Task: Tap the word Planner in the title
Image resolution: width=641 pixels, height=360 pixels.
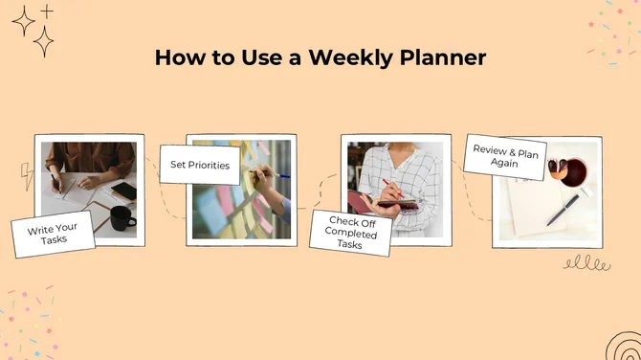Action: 441,57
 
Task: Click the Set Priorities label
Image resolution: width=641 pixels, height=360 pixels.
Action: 200,165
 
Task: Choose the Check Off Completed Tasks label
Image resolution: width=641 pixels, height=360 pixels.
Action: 350,233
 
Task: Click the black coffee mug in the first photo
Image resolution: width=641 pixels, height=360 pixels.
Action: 121,218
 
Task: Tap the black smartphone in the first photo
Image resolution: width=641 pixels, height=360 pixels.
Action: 124,191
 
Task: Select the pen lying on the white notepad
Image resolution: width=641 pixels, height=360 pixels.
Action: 563,210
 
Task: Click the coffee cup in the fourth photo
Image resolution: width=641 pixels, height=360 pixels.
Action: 572,174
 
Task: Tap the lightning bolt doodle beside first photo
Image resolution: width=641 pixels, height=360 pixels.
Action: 26,175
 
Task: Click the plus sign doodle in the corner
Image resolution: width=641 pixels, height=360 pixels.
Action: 47,11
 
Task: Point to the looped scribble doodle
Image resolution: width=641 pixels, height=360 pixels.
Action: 586,262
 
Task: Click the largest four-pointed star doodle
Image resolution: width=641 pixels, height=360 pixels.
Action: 44,40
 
